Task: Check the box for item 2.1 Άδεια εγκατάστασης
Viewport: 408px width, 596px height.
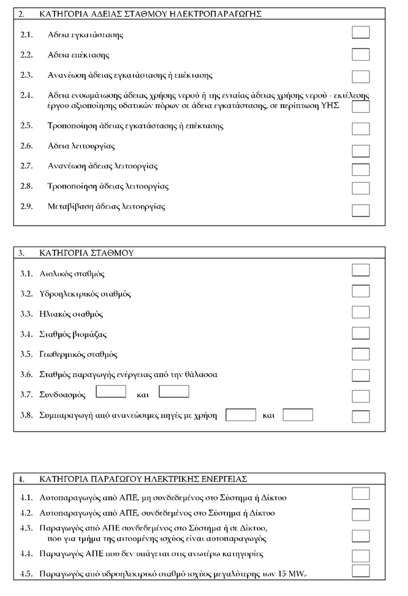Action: (x=361, y=32)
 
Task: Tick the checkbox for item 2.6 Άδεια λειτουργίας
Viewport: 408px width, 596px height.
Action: (x=361, y=150)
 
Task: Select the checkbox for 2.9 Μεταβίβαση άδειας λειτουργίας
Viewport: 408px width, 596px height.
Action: (x=361, y=210)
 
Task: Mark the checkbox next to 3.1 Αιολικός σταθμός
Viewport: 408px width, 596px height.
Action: (x=361, y=270)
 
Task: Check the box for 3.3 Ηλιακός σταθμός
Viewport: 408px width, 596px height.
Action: (x=361, y=313)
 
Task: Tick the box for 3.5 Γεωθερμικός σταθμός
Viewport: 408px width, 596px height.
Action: (x=361, y=354)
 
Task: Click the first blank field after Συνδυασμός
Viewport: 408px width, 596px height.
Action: (x=111, y=391)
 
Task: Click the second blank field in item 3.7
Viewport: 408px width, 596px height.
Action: (x=174, y=391)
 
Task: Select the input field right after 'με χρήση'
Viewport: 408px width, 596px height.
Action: (x=241, y=415)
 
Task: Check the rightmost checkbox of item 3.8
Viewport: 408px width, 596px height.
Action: (x=361, y=416)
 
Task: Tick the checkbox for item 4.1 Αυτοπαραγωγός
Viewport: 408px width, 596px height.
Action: (x=361, y=494)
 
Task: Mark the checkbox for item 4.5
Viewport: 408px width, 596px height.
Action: (x=361, y=571)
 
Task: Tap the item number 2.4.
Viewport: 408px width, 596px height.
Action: (x=26, y=96)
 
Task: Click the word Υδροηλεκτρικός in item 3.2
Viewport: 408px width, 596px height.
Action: (x=72, y=294)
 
